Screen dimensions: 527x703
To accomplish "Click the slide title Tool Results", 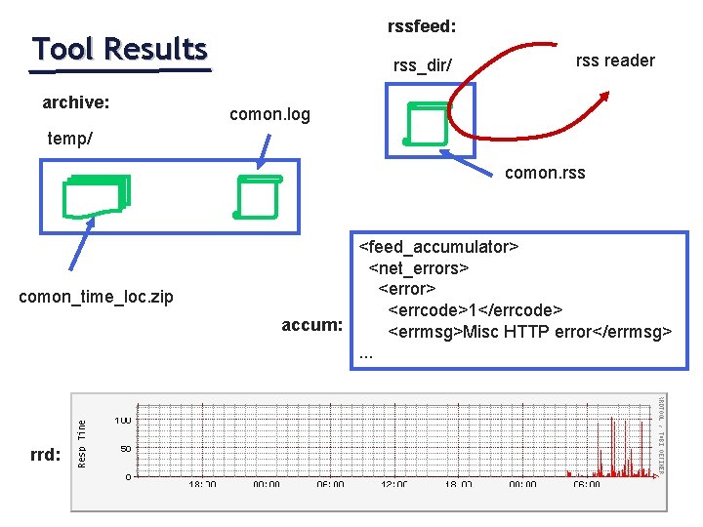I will tap(119, 49).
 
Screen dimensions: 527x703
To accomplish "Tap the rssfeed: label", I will tap(423, 23).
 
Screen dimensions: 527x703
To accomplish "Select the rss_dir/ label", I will tap(422, 66).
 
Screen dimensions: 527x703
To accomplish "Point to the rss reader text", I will tap(615, 61).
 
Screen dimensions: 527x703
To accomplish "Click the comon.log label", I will tap(269, 115).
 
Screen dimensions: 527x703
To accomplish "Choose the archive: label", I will tap(75, 101).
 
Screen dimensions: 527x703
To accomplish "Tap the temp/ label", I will tap(70, 139).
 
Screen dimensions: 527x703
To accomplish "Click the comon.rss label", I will tap(545, 174).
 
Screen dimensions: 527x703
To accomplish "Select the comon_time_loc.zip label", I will tap(97, 297).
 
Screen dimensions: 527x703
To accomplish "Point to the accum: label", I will tap(311, 325).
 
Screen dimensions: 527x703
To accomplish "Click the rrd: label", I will tap(46, 455).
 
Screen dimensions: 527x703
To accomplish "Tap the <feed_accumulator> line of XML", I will tap(438, 246).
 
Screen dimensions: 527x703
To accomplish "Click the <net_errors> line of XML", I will tap(419, 267).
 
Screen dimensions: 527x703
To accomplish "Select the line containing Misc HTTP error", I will tap(530, 332).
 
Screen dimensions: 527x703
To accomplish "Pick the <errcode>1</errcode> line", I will tap(476, 310).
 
